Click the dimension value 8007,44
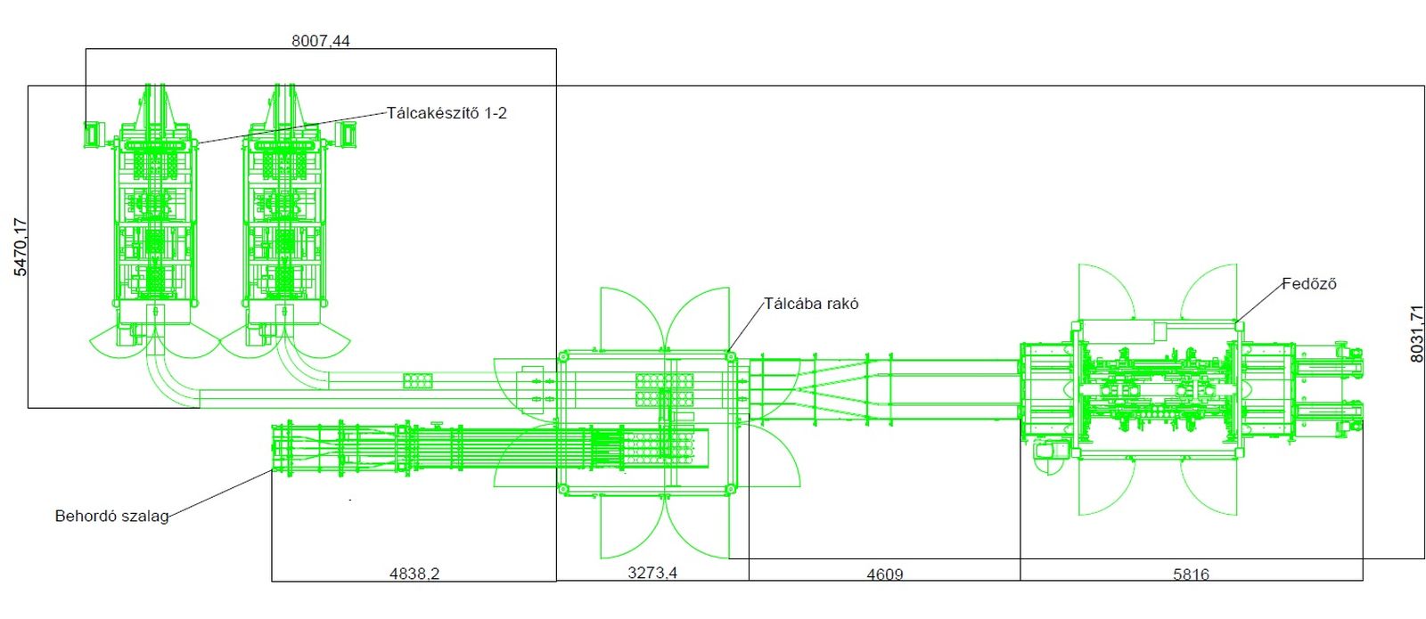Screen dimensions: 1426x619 [x=321, y=41]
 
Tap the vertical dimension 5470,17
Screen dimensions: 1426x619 [x=20, y=247]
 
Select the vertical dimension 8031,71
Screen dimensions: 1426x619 [x=1417, y=334]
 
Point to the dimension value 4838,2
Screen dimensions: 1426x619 [x=414, y=574]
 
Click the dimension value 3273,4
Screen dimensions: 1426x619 [x=652, y=573]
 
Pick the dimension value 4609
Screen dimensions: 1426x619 [x=885, y=574]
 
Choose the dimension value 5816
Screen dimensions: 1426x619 [x=1191, y=574]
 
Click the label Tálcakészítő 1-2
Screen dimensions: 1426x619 [x=447, y=113]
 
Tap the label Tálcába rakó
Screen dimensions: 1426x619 [x=811, y=304]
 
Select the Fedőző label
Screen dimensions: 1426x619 [x=1309, y=284]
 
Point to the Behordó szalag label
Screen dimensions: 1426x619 [x=112, y=516]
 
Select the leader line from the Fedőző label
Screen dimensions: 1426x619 [x=1259, y=303]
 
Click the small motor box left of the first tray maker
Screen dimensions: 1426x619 [x=93, y=134]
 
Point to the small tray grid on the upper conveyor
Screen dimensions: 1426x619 [x=418, y=381]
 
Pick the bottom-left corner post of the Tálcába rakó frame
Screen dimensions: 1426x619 [x=562, y=489]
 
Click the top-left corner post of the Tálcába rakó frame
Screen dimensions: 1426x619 [x=562, y=357]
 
